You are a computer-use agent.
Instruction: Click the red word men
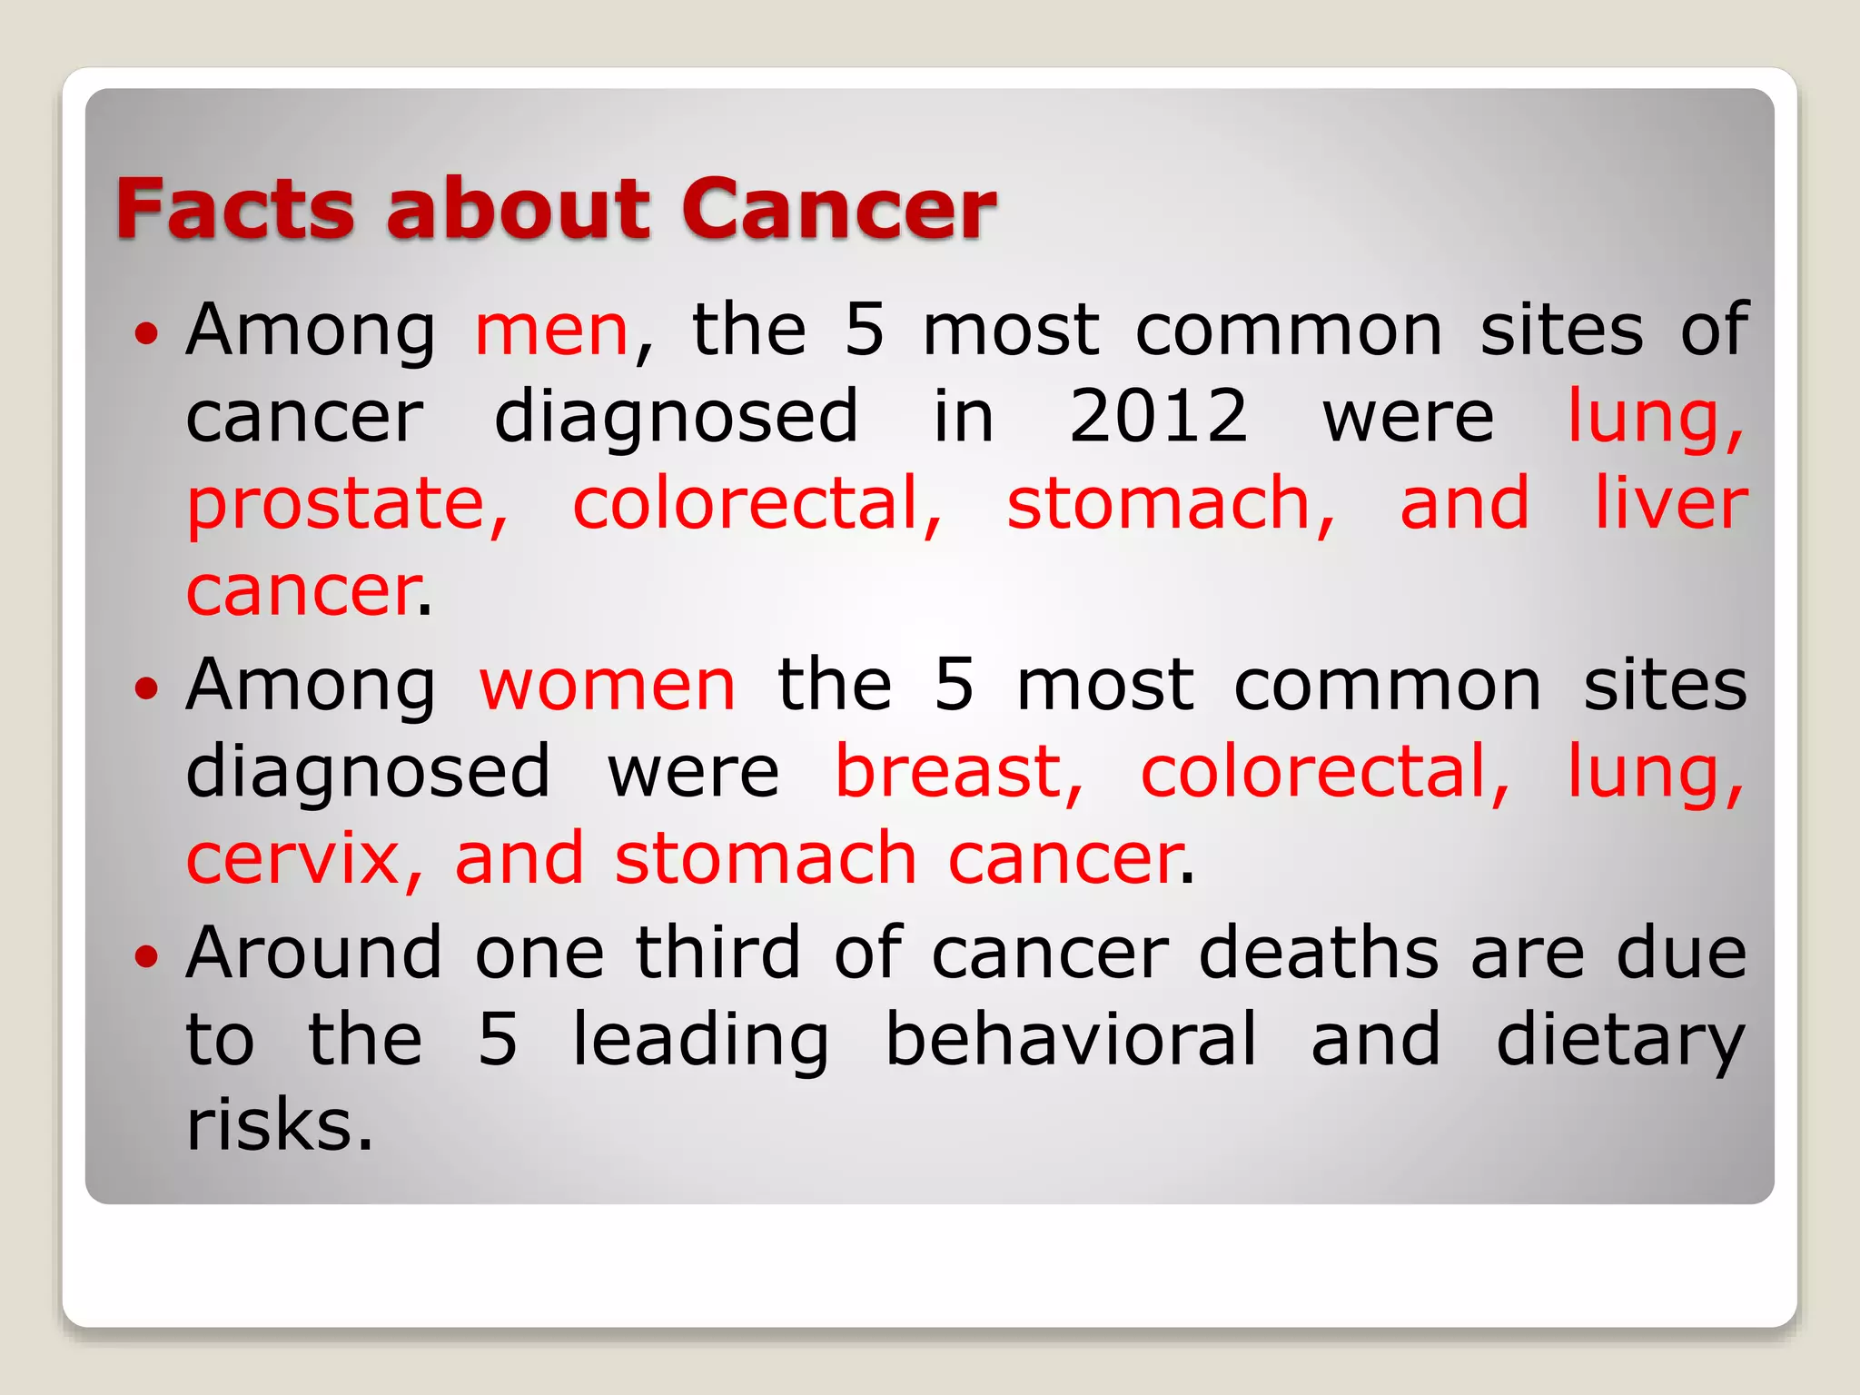pyautogui.click(x=551, y=331)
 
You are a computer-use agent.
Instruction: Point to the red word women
pyautogui.click(x=607, y=686)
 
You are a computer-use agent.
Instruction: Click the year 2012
pyautogui.click(x=1158, y=416)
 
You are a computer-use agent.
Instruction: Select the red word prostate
pyautogui.click(x=346, y=505)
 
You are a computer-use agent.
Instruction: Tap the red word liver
pyautogui.click(x=1671, y=503)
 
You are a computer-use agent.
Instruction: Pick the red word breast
pyautogui.click(x=958, y=772)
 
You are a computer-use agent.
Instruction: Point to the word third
pyautogui.click(x=717, y=953)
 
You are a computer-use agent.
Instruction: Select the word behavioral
pyautogui.click(x=1071, y=1039)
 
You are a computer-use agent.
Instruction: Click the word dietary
pyautogui.click(x=1620, y=1041)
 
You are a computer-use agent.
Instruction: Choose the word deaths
pyautogui.click(x=1319, y=953)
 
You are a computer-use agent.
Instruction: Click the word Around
pyautogui.click(x=313, y=953)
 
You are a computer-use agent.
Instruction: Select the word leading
pyautogui.click(x=700, y=1041)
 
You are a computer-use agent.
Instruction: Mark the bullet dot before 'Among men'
pyautogui.click(x=146, y=333)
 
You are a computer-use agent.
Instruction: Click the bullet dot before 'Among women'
pyautogui.click(x=146, y=688)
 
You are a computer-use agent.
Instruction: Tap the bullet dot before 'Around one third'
pyautogui.click(x=146, y=955)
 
